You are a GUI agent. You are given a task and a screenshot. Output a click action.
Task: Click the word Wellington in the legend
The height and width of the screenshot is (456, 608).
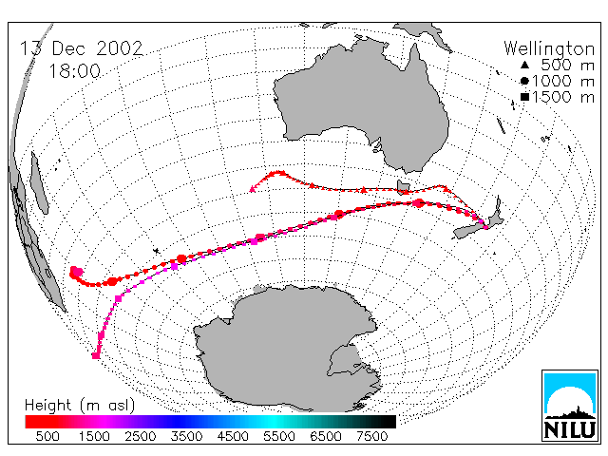549,48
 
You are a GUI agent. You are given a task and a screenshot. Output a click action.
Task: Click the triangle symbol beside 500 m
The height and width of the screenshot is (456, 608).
524,66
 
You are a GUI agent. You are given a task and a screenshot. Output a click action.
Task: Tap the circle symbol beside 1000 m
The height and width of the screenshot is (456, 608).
524,81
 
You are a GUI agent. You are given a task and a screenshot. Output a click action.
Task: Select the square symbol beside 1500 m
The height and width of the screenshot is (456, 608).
524,97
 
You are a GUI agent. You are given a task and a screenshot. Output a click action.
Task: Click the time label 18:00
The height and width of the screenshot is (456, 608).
74,71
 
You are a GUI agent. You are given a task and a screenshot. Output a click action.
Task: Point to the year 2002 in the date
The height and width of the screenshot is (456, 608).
120,48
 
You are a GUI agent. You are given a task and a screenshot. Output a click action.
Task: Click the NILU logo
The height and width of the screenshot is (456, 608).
570,406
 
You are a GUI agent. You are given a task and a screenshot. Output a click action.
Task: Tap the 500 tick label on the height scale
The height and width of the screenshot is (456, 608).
47,436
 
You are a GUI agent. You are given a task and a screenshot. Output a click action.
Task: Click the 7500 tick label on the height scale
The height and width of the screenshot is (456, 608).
371,436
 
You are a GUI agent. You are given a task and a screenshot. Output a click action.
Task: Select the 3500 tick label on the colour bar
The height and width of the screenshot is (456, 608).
186,436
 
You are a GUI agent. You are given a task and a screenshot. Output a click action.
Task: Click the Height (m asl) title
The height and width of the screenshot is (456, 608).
80,406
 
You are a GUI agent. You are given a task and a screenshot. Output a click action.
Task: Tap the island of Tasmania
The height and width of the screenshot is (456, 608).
403,187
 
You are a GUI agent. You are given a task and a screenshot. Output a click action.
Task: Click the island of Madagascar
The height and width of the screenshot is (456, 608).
39,182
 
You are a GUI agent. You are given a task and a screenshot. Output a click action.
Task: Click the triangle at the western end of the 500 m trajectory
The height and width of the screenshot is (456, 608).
253,189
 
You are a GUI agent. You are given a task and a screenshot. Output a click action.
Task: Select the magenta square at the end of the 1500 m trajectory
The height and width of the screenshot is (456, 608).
96,355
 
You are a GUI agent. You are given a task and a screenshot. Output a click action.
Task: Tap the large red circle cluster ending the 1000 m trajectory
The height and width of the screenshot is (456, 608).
76,273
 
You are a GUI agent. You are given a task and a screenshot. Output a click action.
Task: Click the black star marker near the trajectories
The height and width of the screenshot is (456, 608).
156,251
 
